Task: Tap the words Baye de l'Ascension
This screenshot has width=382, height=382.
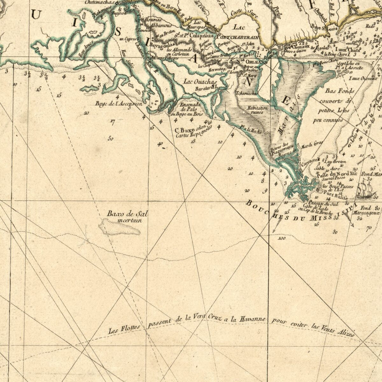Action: (x=118, y=103)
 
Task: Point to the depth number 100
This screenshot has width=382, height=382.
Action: (x=281, y=238)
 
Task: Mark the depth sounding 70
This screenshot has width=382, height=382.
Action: (x=369, y=228)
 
